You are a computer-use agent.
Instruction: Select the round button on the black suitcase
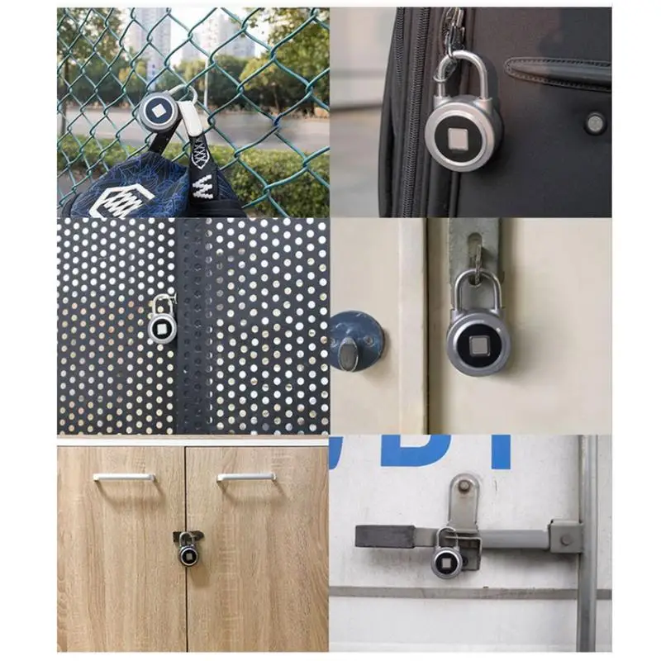tap(595, 123)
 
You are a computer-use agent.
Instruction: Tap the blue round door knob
tap(353, 340)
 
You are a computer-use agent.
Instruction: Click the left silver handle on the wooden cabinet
tap(123, 477)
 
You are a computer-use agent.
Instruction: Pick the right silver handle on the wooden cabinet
tap(246, 477)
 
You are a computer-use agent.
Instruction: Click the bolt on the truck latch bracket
tap(567, 540)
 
